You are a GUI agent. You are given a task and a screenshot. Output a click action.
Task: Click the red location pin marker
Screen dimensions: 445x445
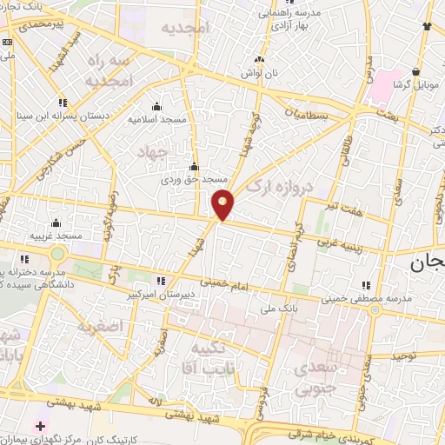pos(222,204)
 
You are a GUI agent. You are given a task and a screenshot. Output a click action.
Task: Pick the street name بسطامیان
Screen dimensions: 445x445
pos(308,114)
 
